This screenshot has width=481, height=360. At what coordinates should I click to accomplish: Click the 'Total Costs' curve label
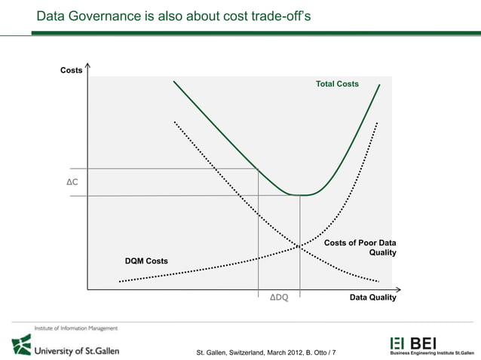pos(337,84)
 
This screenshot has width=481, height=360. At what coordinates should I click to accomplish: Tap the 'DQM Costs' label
pos(146,261)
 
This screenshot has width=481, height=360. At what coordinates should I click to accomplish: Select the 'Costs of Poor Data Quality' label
pos(360,248)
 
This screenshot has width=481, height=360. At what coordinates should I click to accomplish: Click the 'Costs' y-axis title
pos(72,70)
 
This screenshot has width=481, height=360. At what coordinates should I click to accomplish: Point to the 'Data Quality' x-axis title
pos(372,297)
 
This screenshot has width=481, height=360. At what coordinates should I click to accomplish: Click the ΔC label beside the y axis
pos(72,182)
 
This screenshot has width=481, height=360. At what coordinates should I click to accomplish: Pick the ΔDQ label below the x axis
pos(279,297)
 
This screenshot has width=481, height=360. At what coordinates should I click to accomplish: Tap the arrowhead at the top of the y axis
pos(88,66)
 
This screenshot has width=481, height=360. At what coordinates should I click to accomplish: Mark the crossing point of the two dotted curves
pos(299,246)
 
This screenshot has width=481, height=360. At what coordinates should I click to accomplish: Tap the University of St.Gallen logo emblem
pos(21,345)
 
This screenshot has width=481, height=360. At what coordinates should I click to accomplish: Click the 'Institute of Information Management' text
pos(75,328)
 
